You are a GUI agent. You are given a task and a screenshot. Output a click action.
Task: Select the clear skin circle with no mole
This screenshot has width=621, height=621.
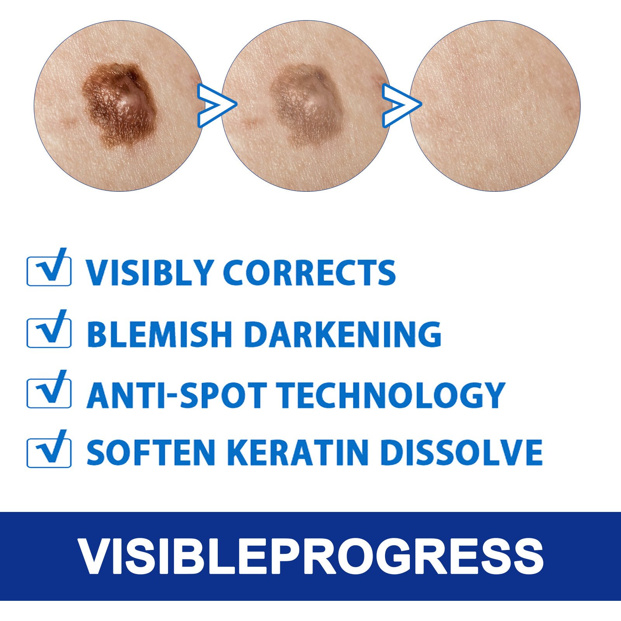tap(495, 106)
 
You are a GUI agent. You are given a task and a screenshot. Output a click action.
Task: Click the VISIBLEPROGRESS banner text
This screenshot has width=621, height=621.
tap(310, 556)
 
